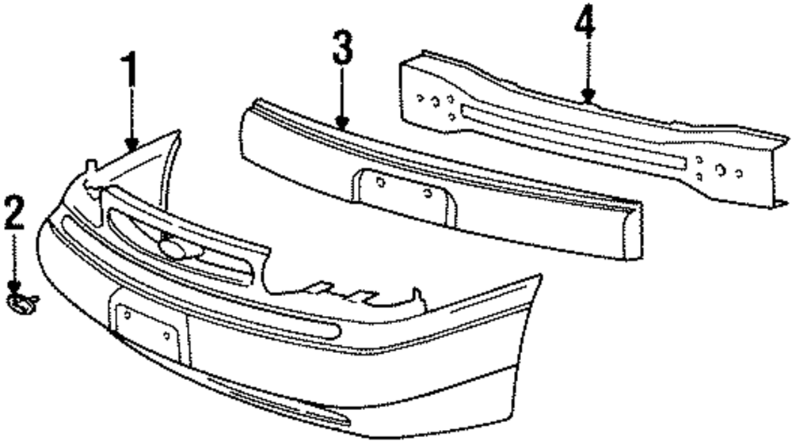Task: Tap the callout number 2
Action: [15, 213]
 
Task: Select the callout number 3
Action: [341, 50]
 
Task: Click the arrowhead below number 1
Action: [131, 143]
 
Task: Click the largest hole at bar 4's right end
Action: [720, 169]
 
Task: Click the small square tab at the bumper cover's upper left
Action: [90, 167]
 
